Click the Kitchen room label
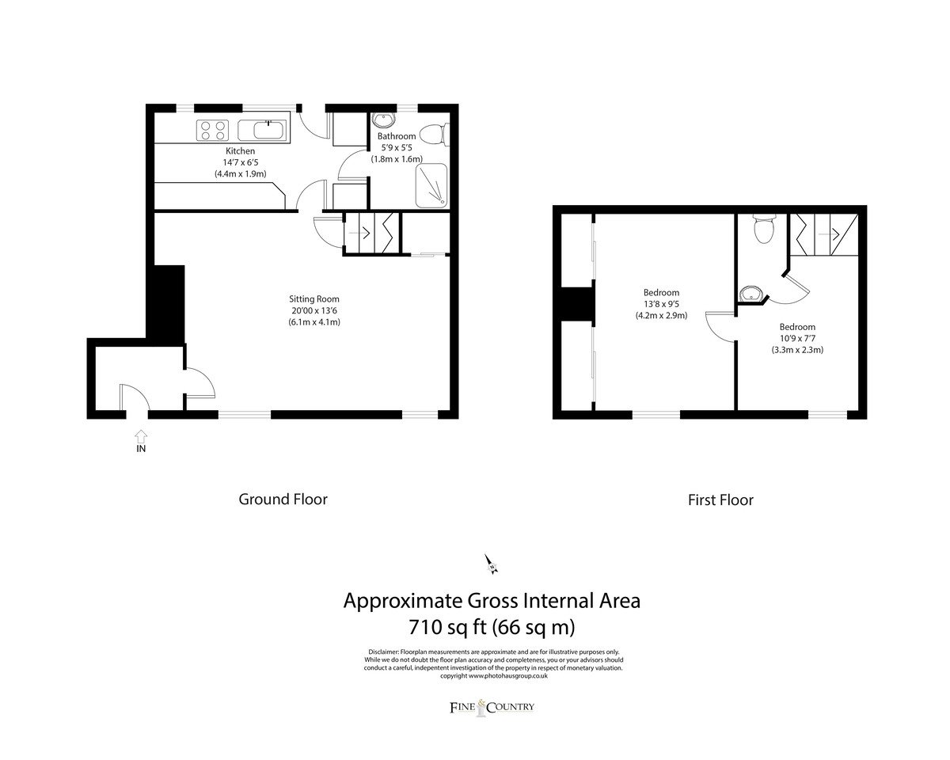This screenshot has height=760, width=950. click(x=240, y=151)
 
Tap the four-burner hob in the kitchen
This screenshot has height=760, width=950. click(x=212, y=131)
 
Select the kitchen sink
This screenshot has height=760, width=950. click(x=263, y=131)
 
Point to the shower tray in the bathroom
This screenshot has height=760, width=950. click(x=431, y=185)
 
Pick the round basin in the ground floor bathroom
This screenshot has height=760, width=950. click(x=385, y=120)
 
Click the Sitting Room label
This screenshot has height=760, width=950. click(x=313, y=299)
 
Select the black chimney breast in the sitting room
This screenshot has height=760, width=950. click(x=168, y=305)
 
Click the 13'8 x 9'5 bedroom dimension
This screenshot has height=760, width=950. click(x=661, y=304)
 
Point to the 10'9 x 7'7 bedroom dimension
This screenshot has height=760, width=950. click(x=797, y=338)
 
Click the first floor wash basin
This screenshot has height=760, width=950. click(x=750, y=294)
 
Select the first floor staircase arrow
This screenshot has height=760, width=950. click(x=829, y=234)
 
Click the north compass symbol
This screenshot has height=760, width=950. click(x=491, y=564)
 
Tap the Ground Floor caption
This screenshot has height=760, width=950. click(x=283, y=500)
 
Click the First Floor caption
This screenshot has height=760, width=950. click(x=720, y=500)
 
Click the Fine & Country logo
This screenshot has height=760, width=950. click(x=492, y=708)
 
